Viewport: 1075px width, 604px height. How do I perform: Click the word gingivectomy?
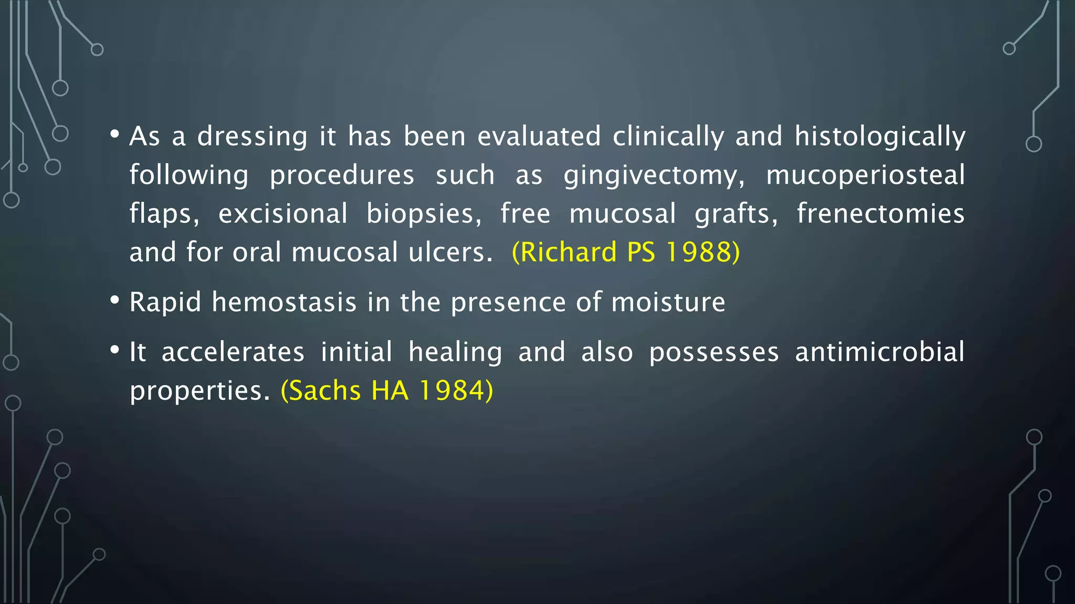pos(654,176)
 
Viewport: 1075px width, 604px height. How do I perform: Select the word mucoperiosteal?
pos(865,175)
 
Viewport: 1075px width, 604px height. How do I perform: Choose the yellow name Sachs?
pos(321,391)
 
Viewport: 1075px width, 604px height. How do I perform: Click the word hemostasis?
pos(284,302)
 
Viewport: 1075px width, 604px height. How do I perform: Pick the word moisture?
pos(668,302)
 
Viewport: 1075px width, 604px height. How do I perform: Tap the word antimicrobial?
pos(880,352)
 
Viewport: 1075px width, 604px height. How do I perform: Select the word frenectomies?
pos(880,214)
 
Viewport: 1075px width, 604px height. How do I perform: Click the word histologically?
pos(880,137)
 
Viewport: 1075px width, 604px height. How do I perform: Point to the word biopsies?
pos(424,214)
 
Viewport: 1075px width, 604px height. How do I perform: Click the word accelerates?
pos(233,352)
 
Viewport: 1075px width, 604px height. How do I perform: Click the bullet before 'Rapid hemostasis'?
pos(114,300)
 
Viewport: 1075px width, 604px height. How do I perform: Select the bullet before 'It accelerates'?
pos(114,350)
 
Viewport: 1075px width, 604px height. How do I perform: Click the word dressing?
pos(252,137)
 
